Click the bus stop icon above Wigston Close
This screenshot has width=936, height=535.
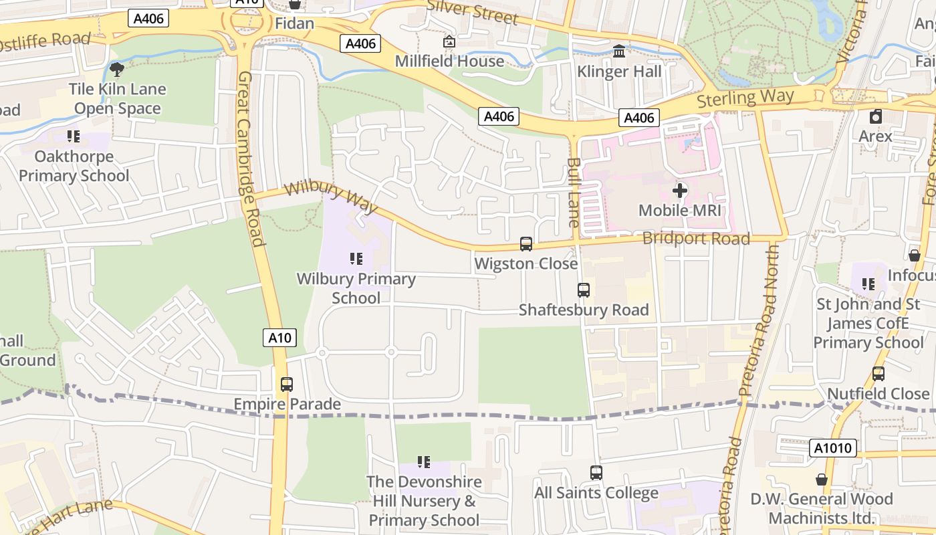click(526, 244)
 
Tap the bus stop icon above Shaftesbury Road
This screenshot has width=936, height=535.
click(584, 290)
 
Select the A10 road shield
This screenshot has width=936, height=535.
click(279, 338)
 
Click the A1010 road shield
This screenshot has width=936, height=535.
click(832, 448)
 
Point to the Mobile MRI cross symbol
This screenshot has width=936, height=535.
click(680, 191)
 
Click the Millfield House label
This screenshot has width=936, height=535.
click(449, 61)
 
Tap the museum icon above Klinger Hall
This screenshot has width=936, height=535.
click(619, 51)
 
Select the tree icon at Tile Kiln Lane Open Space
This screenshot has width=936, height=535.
click(117, 69)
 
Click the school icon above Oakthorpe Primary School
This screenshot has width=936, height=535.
click(74, 136)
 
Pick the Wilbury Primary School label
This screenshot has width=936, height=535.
click(356, 288)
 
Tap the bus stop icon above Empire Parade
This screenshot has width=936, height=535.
click(287, 385)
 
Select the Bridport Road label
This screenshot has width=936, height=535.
click(696, 239)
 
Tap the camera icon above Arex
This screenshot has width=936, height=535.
click(876, 116)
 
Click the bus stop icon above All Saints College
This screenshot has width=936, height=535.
click(596, 473)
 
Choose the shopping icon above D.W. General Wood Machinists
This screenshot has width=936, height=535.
click(822, 479)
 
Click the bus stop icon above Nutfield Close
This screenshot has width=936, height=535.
click(879, 374)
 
